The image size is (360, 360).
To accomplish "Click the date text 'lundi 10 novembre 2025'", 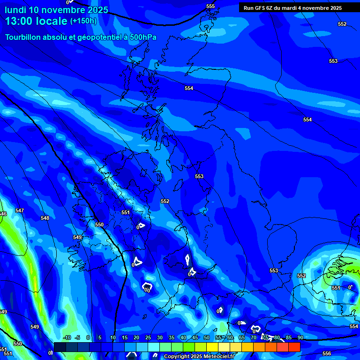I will [56, 10].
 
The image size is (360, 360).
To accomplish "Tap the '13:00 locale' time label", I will [36, 21].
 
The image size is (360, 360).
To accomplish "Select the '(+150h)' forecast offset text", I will [83, 21].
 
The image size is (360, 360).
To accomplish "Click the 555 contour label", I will [210, 6].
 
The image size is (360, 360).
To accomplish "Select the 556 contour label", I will [327, 353].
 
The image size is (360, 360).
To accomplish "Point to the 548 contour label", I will [45, 218].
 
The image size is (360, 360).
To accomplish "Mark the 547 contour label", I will [19, 210].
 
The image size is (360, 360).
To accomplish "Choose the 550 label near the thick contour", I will [99, 225].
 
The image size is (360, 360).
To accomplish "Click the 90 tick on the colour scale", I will [300, 337].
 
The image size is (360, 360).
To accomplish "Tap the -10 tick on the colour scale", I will [67, 337].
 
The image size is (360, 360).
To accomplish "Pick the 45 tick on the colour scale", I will [195, 337].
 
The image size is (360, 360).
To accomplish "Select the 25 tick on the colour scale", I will [148, 337].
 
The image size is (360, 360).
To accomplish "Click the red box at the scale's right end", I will [294, 347].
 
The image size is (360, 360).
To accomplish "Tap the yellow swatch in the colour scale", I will [212, 347].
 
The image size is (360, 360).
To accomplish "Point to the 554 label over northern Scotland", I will [189, 88].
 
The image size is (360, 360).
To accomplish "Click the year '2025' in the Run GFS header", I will [335, 8].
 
